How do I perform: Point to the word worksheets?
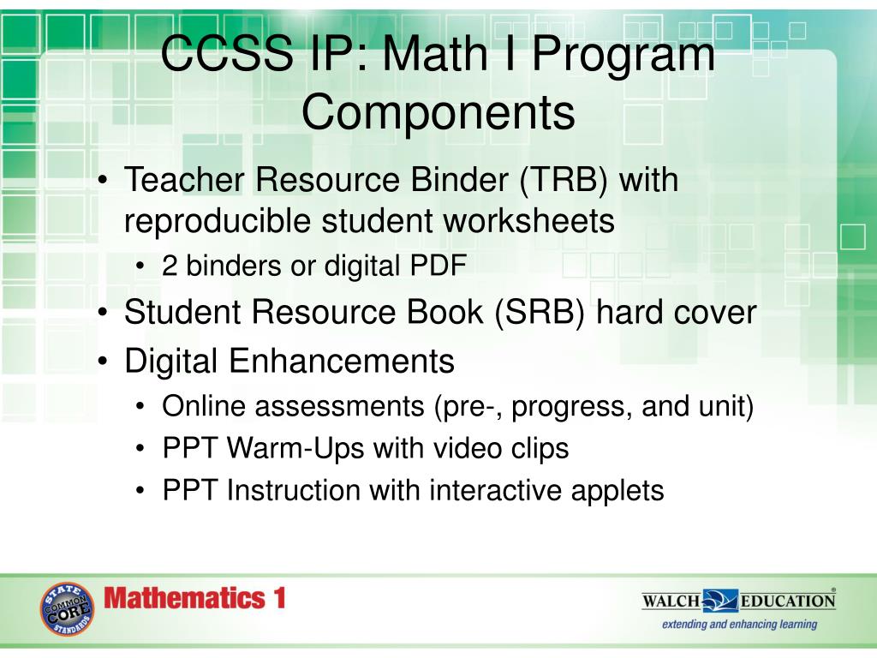coord(528,221)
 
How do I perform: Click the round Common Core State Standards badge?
coord(66,609)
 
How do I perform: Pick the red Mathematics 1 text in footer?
coord(194,598)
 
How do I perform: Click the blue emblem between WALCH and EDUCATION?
coord(719,599)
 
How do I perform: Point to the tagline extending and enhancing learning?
coord(739,624)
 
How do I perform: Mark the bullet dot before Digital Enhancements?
coord(102,361)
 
